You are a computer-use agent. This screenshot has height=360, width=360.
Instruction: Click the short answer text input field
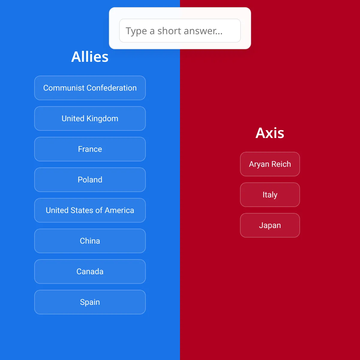(180, 31)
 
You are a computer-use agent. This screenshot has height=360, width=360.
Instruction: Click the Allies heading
(90, 57)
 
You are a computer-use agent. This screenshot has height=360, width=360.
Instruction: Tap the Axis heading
(270, 133)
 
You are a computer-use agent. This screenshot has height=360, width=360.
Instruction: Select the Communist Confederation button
(90, 88)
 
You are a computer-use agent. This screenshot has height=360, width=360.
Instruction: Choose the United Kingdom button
(90, 118)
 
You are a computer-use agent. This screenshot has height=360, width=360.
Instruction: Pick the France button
(90, 149)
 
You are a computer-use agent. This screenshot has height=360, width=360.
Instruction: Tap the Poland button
(90, 180)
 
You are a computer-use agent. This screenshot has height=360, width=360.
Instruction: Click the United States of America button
(90, 210)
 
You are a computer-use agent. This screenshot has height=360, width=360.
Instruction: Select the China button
(90, 241)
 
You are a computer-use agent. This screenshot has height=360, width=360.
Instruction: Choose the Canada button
(90, 271)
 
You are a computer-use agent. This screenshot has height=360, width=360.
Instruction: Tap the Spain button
(90, 302)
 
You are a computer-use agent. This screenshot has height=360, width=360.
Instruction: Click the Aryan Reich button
(270, 164)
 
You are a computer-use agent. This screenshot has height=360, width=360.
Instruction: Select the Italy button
(270, 195)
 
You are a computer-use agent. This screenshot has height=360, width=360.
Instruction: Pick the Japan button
(270, 225)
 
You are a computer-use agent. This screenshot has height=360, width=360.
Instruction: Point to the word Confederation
(112, 88)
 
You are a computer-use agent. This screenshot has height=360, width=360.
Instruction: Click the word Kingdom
(102, 118)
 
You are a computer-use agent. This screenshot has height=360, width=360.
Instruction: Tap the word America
(119, 210)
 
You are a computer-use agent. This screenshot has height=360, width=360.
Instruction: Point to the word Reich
(281, 164)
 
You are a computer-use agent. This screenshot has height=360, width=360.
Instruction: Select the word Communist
(64, 88)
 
